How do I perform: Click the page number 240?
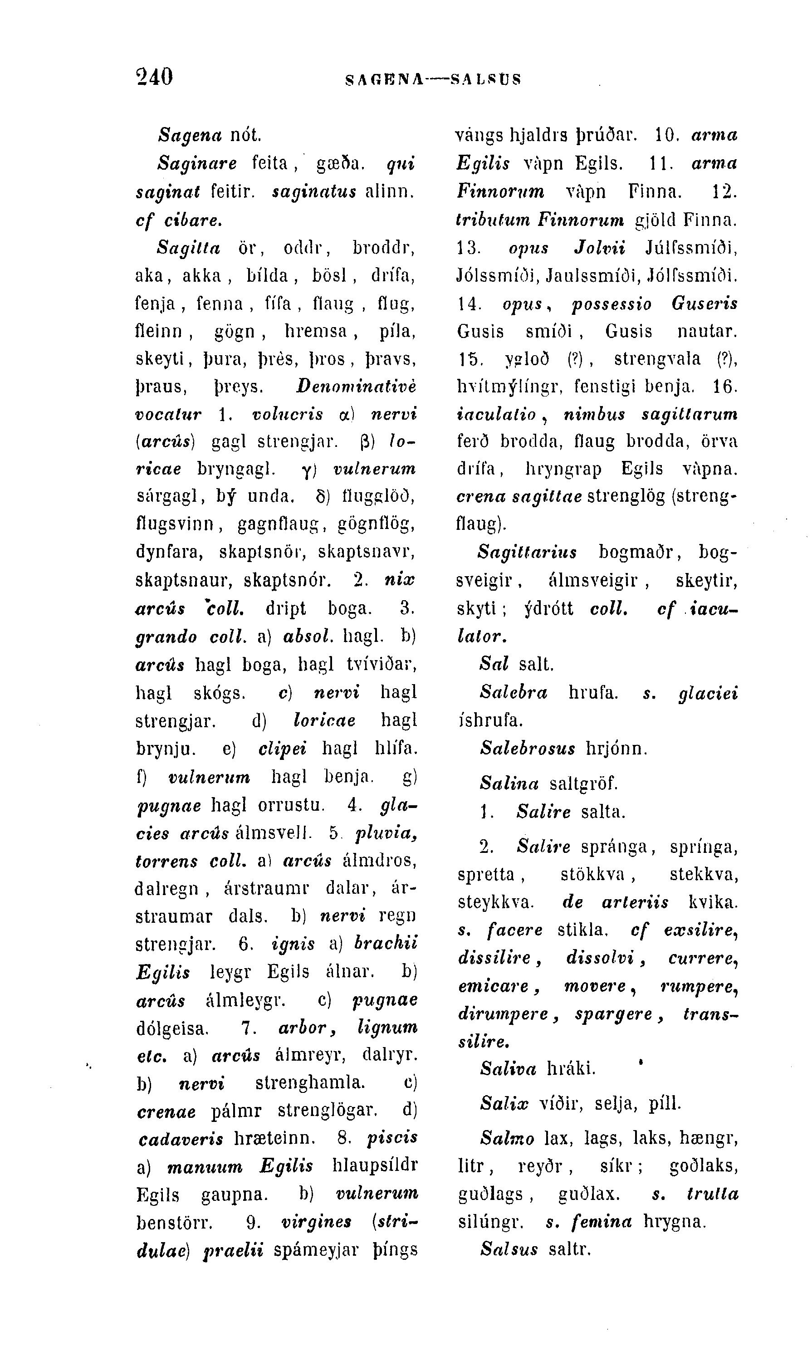click(x=154, y=77)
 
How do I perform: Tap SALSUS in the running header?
click(x=485, y=80)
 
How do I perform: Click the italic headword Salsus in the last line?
click(x=509, y=1249)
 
